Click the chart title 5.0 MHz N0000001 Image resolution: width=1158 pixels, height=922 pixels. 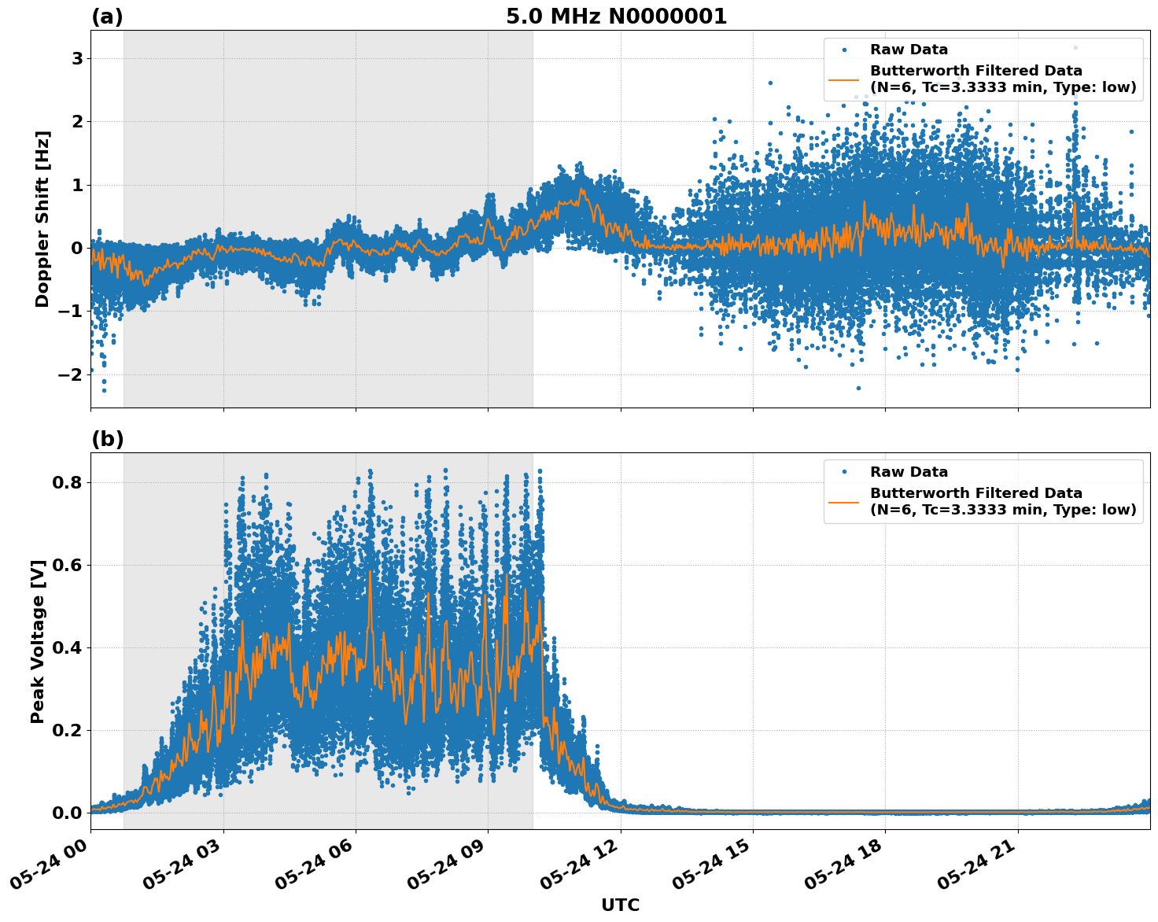click(616, 17)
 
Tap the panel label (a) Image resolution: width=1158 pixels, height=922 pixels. click(107, 17)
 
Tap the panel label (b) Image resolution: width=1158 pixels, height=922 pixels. click(107, 439)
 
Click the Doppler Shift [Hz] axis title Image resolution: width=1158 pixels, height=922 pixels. click(42, 219)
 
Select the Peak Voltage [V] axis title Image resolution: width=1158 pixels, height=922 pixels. click(38, 641)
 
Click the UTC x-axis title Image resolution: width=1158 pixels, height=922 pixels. click(620, 905)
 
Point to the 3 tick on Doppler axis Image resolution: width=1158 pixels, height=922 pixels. click(77, 59)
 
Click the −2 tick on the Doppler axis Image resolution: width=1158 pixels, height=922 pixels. click(71, 374)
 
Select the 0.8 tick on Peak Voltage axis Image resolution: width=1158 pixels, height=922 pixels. click(67, 482)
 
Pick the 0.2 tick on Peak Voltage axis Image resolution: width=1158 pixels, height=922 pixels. click(67, 730)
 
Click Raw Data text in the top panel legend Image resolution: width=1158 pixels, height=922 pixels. click(909, 50)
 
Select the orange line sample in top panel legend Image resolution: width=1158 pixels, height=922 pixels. click(843, 79)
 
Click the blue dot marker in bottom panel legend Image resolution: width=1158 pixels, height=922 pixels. click(843, 472)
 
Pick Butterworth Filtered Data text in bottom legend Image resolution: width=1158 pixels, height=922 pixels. click(975, 493)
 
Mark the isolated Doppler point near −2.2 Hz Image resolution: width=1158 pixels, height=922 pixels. click(858, 388)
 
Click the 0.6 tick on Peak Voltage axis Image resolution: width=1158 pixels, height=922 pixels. click(67, 565)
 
